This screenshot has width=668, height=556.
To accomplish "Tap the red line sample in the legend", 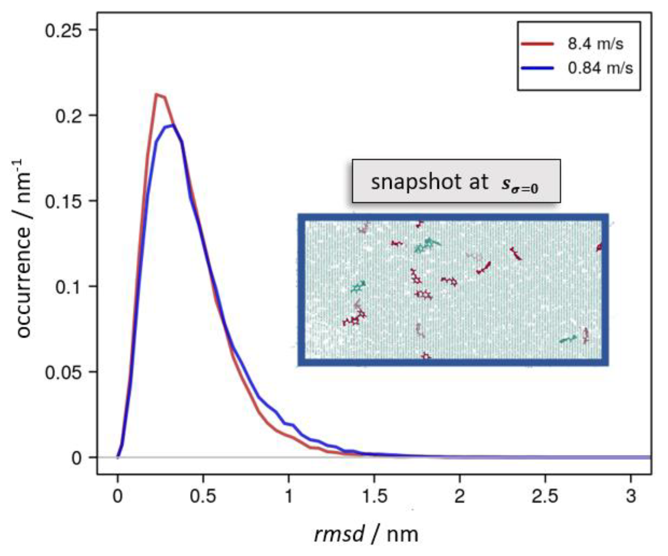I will click(537, 44).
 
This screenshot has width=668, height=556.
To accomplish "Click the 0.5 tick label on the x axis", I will click(203, 496).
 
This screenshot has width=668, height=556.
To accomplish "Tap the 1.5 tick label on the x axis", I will click(374, 496).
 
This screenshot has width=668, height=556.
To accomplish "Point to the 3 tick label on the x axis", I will click(631, 496).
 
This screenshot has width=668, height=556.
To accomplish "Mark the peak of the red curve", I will click(156, 94).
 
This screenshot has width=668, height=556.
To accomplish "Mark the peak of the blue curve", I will click(173, 125).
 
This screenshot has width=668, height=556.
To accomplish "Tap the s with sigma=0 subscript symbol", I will click(519, 186).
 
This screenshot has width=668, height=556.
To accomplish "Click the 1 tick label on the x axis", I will click(289, 496).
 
